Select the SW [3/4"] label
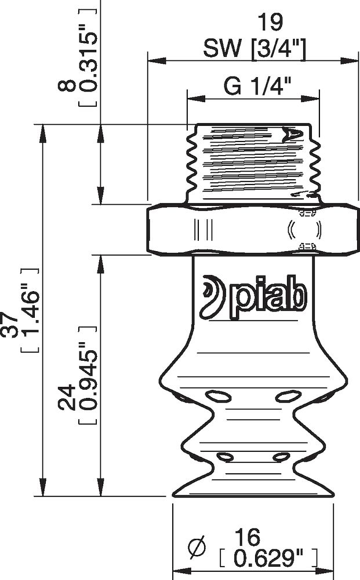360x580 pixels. pyautogui.click(x=254, y=50)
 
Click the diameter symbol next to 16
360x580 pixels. pyautogui.click(x=197, y=546)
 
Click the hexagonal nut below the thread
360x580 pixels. pyautogui.click(x=253, y=230)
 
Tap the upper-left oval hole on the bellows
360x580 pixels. pyautogui.click(x=219, y=396)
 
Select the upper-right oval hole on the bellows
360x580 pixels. pyautogui.click(x=286, y=396)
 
